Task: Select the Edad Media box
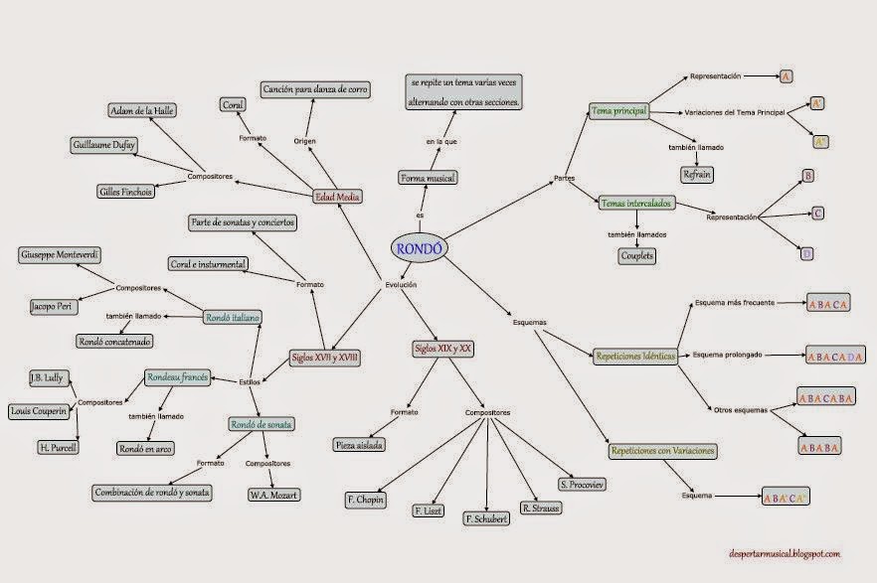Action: pyautogui.click(x=337, y=197)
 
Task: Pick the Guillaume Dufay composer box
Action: pyautogui.click(x=103, y=145)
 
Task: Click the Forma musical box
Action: pyautogui.click(x=429, y=178)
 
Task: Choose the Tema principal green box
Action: pyautogui.click(x=618, y=111)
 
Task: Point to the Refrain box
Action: pyautogui.click(x=696, y=174)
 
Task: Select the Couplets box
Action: pyautogui.click(x=637, y=255)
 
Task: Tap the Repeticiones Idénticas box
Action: pyautogui.click(x=635, y=355)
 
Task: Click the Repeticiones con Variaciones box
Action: pyautogui.click(x=662, y=451)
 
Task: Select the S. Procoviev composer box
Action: pyautogui.click(x=582, y=484)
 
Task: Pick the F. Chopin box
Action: pyautogui.click(x=367, y=499)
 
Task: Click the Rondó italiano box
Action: pyautogui.click(x=232, y=318)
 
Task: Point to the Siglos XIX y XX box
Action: pyautogui.click(x=442, y=349)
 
